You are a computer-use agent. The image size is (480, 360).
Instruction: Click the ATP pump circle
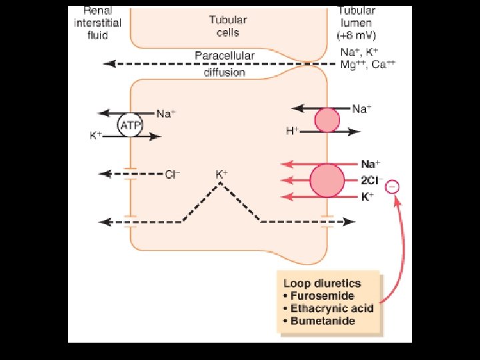[128, 125]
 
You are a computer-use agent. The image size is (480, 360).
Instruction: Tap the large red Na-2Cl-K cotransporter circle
[327, 180]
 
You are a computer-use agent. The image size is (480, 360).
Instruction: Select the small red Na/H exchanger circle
[327, 120]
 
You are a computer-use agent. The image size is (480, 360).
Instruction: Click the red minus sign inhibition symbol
[393, 187]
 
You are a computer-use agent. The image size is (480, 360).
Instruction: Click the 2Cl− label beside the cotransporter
[371, 180]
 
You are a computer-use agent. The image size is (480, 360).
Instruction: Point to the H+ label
[292, 131]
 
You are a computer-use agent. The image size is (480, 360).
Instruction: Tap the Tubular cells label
[224, 25]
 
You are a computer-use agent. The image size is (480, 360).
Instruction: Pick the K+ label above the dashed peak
[221, 174]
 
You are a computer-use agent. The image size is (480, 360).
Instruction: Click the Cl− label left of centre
[173, 175]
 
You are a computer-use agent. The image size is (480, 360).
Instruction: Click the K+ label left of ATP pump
[96, 135]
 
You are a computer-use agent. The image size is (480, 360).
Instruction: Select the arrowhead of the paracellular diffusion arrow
[109, 64]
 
